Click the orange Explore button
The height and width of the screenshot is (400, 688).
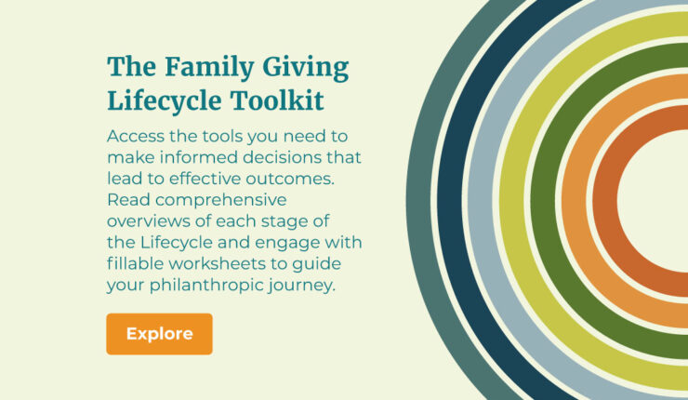[159, 334]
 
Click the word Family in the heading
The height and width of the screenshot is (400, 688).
[210, 68]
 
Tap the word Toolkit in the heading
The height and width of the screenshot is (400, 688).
[277, 100]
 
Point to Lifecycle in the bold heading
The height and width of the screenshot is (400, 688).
[165, 101]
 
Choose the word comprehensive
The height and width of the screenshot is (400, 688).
[220, 201]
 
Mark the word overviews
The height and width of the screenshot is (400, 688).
[149, 221]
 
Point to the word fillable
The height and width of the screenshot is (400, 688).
[136, 263]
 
